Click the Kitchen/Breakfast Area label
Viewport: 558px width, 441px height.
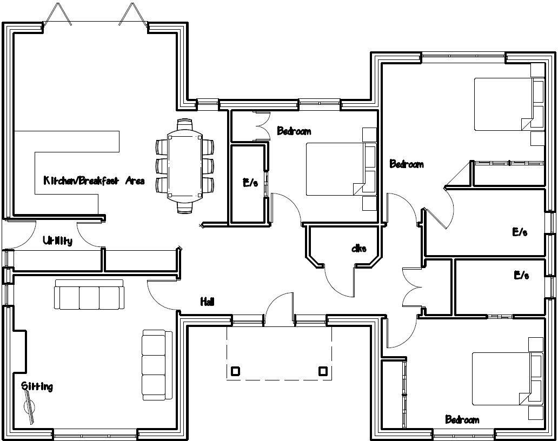coord(94,181)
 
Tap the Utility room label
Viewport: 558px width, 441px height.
coord(57,240)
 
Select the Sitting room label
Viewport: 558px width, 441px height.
coord(37,386)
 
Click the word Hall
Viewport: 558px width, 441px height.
coord(207,302)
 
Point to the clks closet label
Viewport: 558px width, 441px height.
coord(358,249)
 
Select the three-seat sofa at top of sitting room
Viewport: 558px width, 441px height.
coord(89,295)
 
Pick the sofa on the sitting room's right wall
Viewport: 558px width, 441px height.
coord(154,365)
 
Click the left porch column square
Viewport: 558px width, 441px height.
coord(235,371)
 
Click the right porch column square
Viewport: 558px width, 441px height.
coord(323,371)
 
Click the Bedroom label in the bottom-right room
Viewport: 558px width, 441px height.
coord(462,419)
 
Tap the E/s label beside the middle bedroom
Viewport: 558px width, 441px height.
coord(250,183)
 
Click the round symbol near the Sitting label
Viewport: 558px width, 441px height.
coord(29,405)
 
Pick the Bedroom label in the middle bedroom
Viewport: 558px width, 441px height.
coord(294,131)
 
